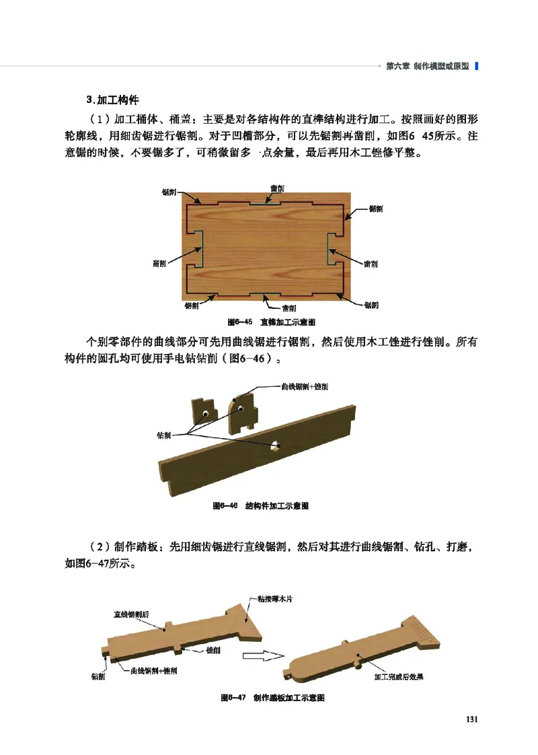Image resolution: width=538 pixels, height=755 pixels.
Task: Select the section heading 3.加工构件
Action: click(112, 100)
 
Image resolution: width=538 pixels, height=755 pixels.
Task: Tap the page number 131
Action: click(471, 719)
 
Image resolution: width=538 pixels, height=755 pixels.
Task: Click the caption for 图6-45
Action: click(272, 322)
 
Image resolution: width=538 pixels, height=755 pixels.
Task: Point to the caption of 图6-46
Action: click(260, 505)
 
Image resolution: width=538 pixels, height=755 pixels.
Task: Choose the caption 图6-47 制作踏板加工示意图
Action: click(273, 698)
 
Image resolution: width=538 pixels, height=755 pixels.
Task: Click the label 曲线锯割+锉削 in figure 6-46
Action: click(305, 387)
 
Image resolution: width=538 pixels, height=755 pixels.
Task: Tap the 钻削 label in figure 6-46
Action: click(163, 435)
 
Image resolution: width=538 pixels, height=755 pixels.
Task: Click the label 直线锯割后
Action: click(131, 614)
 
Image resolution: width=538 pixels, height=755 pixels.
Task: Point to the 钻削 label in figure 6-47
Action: click(98, 676)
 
